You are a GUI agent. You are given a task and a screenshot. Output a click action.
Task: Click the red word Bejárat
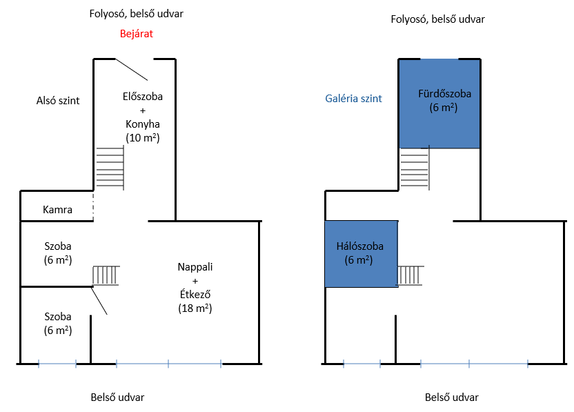137,32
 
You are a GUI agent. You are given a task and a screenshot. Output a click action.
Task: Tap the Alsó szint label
58,101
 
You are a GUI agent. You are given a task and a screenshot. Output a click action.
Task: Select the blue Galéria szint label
353,99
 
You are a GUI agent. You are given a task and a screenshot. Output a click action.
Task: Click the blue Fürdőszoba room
439,104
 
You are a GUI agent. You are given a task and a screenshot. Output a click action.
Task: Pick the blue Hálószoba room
360,253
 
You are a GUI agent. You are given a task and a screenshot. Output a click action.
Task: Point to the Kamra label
58,209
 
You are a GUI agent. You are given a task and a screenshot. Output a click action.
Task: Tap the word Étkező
195,295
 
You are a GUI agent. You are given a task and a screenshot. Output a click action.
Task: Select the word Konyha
143,124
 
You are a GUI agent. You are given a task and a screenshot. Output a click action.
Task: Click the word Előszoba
142,97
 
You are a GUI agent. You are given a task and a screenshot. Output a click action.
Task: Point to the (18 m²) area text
195,308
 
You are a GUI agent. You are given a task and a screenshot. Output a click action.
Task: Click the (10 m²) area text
143,138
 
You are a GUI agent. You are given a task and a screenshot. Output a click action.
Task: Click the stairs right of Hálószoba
411,275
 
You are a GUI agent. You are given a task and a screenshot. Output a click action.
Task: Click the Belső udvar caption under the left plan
117,398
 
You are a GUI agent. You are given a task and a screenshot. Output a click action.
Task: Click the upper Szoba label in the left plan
58,246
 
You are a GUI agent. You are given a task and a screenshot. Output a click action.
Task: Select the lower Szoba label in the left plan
58,317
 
